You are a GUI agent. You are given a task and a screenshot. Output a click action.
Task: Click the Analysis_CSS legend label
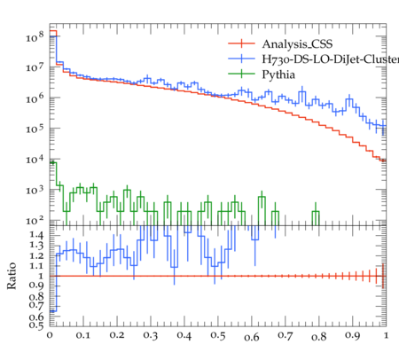(x=297, y=44)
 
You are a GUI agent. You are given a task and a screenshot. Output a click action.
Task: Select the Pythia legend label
(x=278, y=74)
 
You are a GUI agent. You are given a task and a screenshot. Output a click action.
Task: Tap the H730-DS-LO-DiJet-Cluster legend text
(x=331, y=59)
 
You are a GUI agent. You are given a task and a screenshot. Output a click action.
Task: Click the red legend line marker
(x=241, y=43)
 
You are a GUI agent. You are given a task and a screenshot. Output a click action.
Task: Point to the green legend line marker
(x=241, y=74)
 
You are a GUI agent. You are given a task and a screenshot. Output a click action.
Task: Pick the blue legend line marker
(x=241, y=59)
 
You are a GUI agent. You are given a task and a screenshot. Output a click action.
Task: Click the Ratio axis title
(x=12, y=276)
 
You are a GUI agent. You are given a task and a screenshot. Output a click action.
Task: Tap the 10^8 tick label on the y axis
(x=35, y=36)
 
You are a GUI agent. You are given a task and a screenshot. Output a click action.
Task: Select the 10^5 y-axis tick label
(x=35, y=129)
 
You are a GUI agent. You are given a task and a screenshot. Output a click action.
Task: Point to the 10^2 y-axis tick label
(x=35, y=220)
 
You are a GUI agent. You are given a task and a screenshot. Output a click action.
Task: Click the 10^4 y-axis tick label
(x=35, y=159)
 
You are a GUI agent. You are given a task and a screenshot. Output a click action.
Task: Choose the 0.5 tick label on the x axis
(x=218, y=336)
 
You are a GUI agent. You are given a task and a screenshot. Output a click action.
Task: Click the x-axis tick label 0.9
(x=353, y=336)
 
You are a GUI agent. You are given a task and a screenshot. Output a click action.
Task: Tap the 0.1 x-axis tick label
(x=83, y=335)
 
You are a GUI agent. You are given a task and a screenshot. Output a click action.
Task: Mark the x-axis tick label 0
(x=50, y=335)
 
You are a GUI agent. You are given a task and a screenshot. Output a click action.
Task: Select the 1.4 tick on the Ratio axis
(x=36, y=235)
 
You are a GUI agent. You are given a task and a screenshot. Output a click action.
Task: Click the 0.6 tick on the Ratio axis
(x=36, y=317)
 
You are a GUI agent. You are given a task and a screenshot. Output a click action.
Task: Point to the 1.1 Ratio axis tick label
(x=36, y=266)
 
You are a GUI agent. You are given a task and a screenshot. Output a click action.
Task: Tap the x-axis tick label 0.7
(x=286, y=336)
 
